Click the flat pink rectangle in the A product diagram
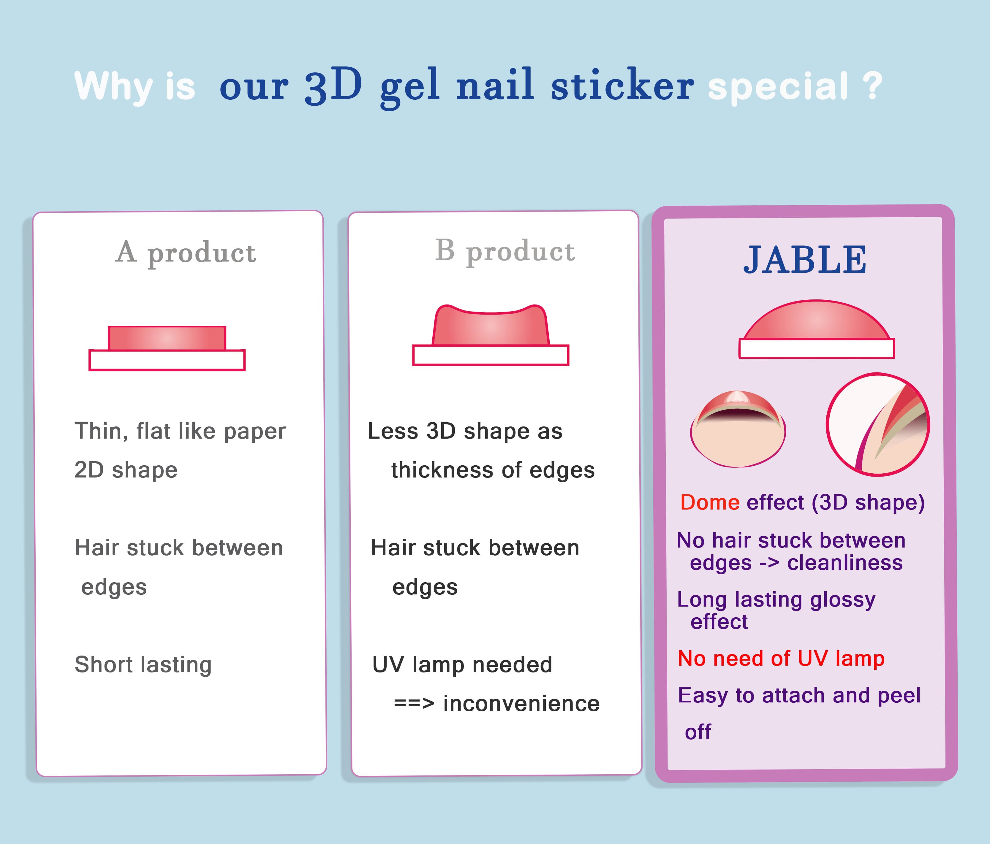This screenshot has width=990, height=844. (167, 338)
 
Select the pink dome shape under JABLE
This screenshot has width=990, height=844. (817, 320)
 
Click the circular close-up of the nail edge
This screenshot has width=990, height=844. (878, 424)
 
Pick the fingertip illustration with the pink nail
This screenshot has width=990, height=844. (738, 429)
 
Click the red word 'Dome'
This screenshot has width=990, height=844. (710, 502)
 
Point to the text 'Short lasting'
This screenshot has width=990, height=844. (143, 665)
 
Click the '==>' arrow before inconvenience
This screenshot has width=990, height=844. (414, 704)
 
